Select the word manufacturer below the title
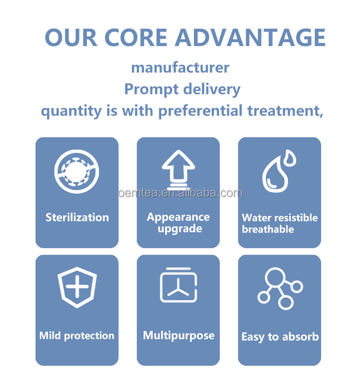point(180,67)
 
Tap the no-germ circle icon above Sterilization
point(77,170)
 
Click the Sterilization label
point(77,217)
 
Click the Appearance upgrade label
point(178,223)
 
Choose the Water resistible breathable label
point(279,223)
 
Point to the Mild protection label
point(77,336)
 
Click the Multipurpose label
point(179,336)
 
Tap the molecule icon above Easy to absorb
point(280,288)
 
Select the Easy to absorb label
point(280,337)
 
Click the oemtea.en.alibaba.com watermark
point(180,193)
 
